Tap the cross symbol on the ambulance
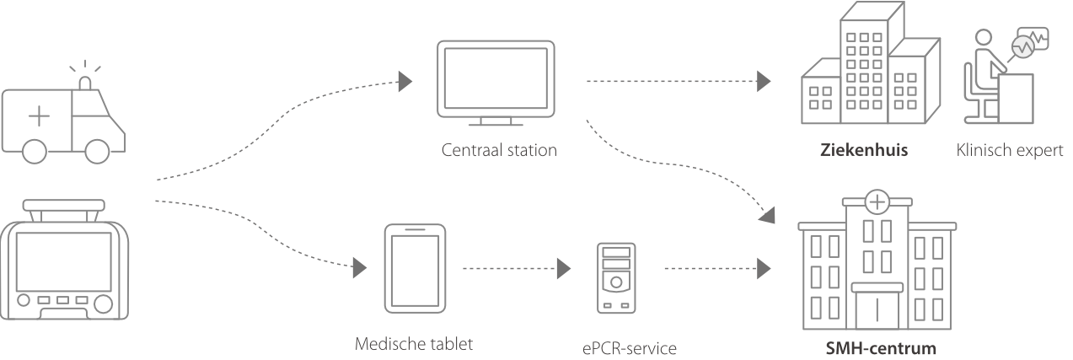[39, 117]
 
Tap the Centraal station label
[499, 152]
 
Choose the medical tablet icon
[414, 267]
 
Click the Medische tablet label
[414, 344]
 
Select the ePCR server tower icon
[616, 277]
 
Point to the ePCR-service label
[629, 347]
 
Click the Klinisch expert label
[1010, 152]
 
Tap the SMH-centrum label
[880, 348]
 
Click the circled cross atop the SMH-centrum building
[877, 201]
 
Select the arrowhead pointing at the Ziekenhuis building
[764, 81]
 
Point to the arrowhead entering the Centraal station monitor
[405, 80]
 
